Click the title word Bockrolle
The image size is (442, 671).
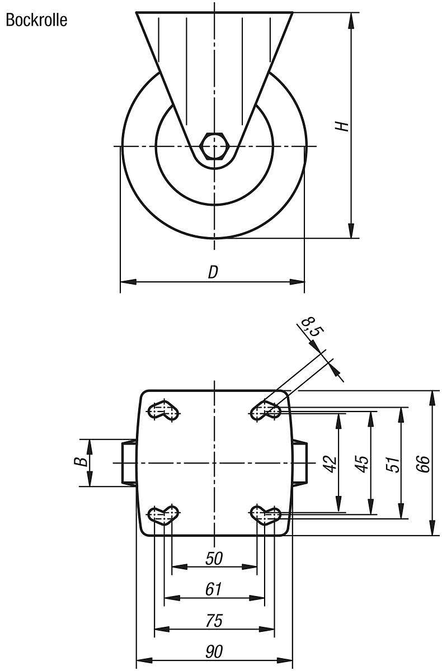pyautogui.click(x=36, y=21)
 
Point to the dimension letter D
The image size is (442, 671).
pyautogui.click(x=213, y=272)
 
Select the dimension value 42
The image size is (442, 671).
pyautogui.click(x=330, y=463)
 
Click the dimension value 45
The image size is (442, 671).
pyautogui.click(x=362, y=463)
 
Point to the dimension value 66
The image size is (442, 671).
pyautogui.click(x=425, y=463)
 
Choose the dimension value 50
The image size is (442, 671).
pyautogui.click(x=214, y=558)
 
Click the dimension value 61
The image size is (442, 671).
pyautogui.click(x=214, y=589)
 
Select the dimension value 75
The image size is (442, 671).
pyautogui.click(x=214, y=621)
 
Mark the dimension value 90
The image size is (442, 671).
pyautogui.click(x=214, y=652)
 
